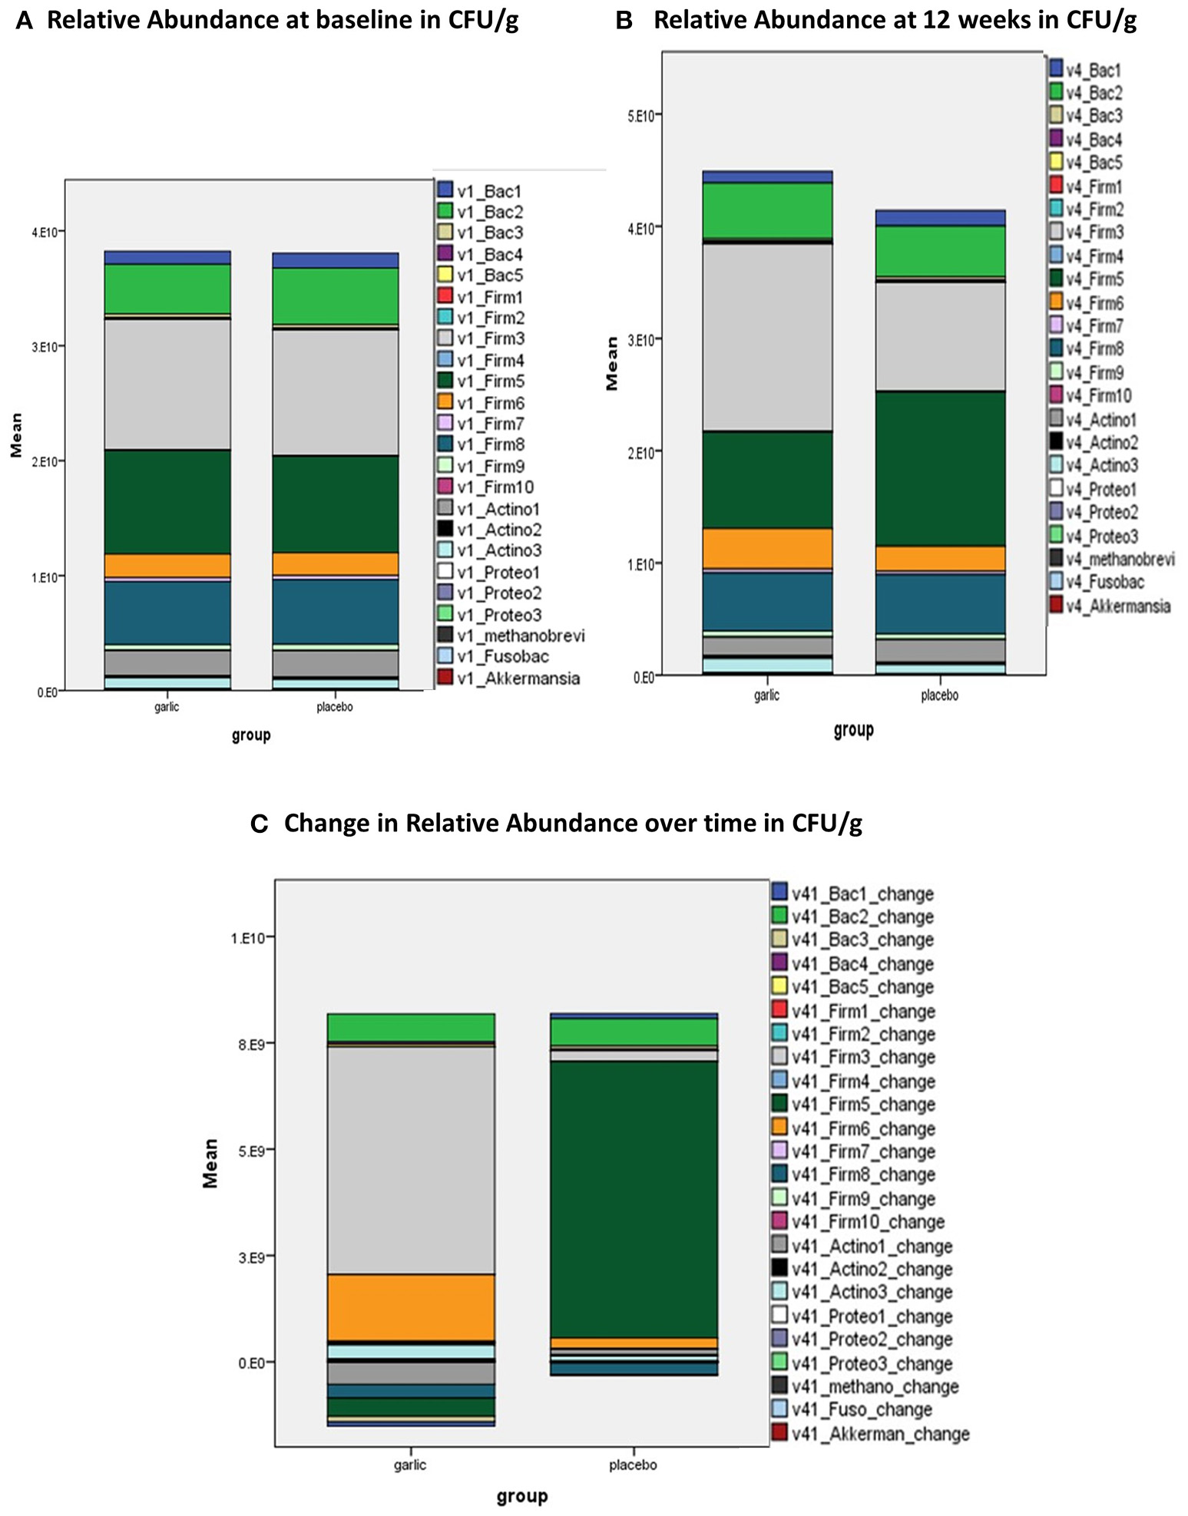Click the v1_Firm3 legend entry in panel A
pos(491,339)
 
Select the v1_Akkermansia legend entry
pos(518,678)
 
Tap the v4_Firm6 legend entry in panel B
pos(1094,302)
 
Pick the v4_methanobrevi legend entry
pos(1120,559)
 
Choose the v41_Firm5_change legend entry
pos(863,1104)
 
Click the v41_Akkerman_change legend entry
pos(880,1433)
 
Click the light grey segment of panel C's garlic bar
pos(411,1159)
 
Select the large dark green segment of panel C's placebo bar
pos(634,1197)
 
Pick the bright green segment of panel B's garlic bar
pos(767,210)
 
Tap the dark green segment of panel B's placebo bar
pos(940,468)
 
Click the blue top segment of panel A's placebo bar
pos(336,260)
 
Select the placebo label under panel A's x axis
pos(335,706)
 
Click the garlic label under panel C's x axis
pos(409,1465)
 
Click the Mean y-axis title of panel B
pos(612,364)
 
